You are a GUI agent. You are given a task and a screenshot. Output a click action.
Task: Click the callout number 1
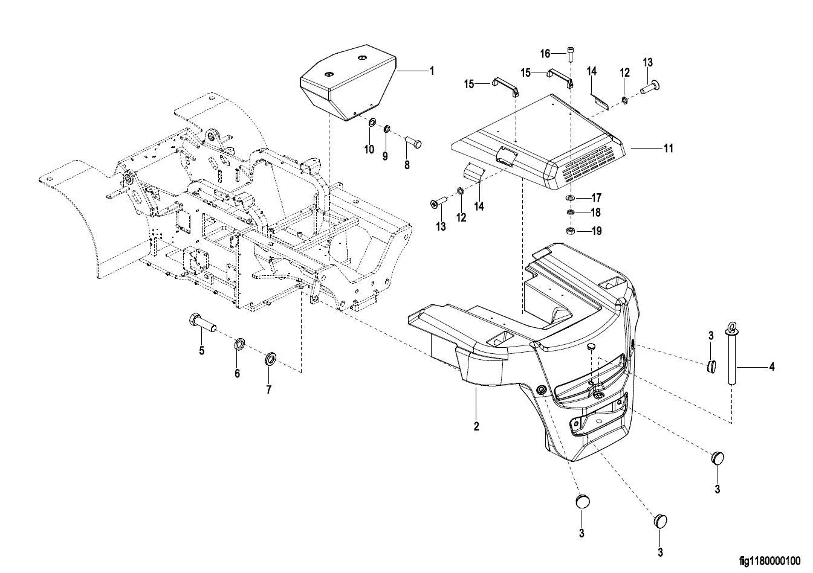pyautogui.click(x=432, y=71)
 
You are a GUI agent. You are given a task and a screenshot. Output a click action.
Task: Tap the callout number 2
pyautogui.click(x=476, y=426)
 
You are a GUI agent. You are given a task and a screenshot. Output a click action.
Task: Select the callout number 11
pyautogui.click(x=668, y=149)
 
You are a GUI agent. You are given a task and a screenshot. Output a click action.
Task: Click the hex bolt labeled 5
pyautogui.click(x=202, y=324)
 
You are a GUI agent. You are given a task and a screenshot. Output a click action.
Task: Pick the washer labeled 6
pyautogui.click(x=240, y=344)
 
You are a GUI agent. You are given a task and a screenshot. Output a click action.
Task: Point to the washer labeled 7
pyautogui.click(x=270, y=359)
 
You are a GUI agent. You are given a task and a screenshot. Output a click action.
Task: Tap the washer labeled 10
pyautogui.click(x=371, y=123)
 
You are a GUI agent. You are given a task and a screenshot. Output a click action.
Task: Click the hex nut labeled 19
pyautogui.click(x=570, y=230)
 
